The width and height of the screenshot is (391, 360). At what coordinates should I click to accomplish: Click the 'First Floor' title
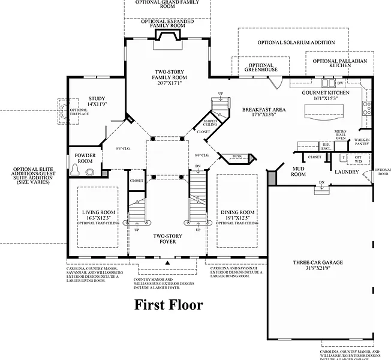pyautogui.click(x=169, y=305)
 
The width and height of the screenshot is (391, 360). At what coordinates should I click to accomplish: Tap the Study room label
pyautogui.click(x=97, y=101)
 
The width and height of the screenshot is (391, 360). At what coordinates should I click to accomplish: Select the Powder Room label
pyautogui.click(x=85, y=158)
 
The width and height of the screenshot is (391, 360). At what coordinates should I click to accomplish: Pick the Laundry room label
pyautogui.click(x=347, y=172)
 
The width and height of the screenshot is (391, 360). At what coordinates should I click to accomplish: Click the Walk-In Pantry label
pyautogui.click(x=362, y=142)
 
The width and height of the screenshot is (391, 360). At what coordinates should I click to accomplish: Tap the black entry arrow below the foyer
pyautogui.click(x=168, y=263)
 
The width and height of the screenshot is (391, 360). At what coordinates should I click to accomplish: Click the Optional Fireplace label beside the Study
pyautogui.click(x=79, y=112)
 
